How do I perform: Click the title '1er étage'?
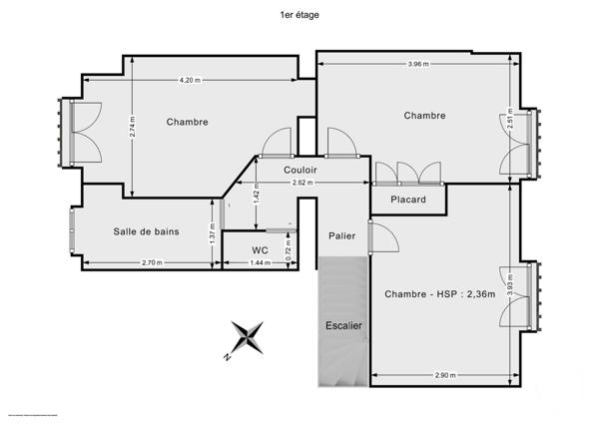pyautogui.click(x=299, y=15)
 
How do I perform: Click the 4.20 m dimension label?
pyautogui.click(x=189, y=80)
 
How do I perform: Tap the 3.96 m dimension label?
pyautogui.click(x=418, y=65)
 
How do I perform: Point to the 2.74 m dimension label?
pyautogui.click(x=133, y=127)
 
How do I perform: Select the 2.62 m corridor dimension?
pyautogui.click(x=299, y=184)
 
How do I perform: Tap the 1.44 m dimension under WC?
pyautogui.click(x=260, y=262)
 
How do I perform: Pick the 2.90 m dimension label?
pyautogui.click(x=444, y=375)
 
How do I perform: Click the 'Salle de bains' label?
pyautogui.click(x=147, y=231)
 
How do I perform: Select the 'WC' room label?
pyautogui.click(x=260, y=249)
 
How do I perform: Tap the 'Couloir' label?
pyautogui.click(x=299, y=170)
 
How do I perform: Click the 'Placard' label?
pyautogui.click(x=407, y=200)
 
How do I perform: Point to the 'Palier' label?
pyautogui.click(x=342, y=235)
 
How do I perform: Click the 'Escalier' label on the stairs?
pyautogui.click(x=343, y=326)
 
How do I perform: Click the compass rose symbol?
pyautogui.click(x=246, y=339)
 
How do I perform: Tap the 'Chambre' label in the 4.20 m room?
pyautogui.click(x=188, y=122)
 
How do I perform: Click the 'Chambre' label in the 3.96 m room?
pyautogui.click(x=424, y=116)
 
